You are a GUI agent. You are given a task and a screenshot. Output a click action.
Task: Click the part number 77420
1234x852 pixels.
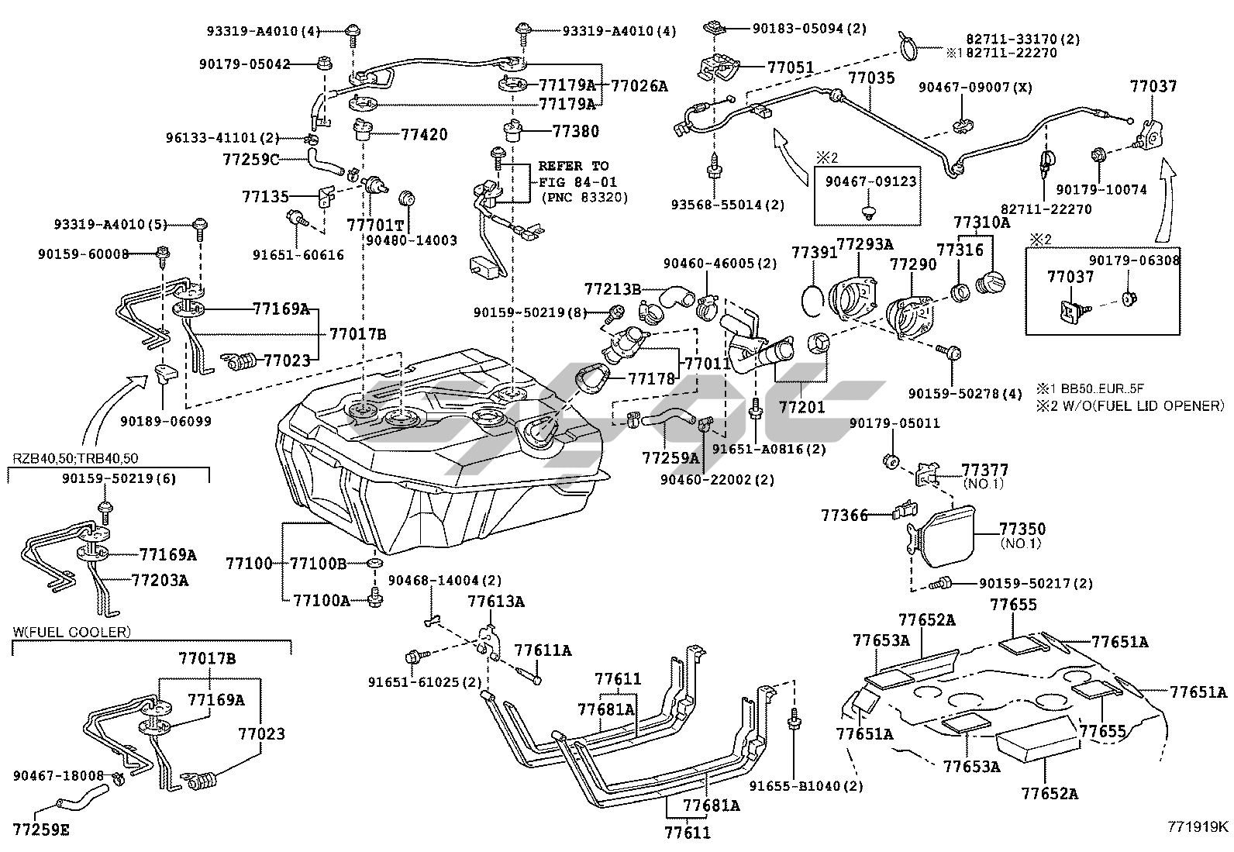[424, 134]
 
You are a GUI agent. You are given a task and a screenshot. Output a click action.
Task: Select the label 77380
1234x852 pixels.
[575, 132]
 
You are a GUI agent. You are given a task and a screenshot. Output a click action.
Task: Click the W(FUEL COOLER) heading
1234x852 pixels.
[71, 632]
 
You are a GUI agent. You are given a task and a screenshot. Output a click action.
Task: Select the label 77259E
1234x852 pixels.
[43, 830]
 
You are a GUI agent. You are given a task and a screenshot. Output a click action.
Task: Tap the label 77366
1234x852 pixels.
[843, 514]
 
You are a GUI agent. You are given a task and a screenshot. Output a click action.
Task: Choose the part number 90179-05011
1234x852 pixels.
[894, 423]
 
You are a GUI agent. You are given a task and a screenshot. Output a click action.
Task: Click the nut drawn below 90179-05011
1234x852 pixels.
[891, 461]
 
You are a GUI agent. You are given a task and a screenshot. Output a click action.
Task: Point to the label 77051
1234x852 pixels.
[791, 67]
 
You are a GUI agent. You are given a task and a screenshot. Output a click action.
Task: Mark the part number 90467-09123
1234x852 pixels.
[870, 181]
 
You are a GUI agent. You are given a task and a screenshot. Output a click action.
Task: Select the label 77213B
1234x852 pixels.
[612, 289]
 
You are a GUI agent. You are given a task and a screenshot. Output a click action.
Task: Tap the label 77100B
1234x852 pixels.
[318, 563]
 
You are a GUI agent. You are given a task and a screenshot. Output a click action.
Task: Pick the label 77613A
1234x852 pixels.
[495, 601]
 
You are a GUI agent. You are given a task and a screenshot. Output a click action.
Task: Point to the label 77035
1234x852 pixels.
[870, 78]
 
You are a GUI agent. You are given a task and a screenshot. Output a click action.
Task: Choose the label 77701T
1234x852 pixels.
[375, 225]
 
